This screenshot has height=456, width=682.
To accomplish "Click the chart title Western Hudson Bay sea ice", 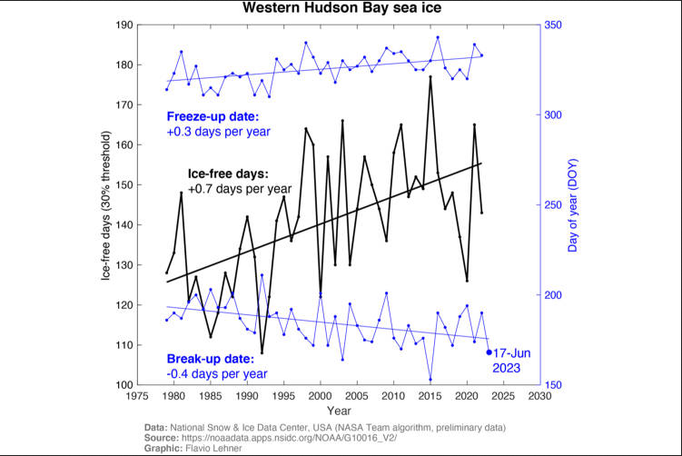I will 340,9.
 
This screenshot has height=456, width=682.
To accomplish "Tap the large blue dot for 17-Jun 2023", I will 489,352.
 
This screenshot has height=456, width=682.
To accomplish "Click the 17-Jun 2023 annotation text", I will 513,360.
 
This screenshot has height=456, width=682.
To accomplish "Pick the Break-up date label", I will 213,358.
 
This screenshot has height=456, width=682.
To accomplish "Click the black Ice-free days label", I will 228,173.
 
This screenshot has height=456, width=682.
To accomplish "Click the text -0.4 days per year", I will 216,373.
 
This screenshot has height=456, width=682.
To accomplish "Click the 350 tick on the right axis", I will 553,25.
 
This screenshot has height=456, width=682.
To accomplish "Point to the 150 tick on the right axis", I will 553,385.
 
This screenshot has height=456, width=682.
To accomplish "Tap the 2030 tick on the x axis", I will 540,397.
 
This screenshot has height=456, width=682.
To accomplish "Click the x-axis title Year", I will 339,411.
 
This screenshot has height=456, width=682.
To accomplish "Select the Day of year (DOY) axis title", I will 575,205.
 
